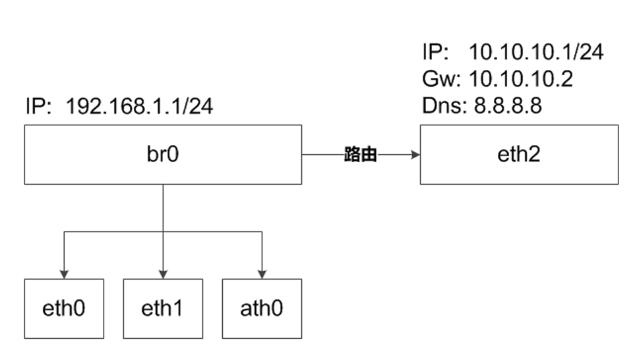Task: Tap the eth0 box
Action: point(64,309)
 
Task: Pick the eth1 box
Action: point(163,309)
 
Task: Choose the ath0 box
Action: point(262,309)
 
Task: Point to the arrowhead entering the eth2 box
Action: point(415,155)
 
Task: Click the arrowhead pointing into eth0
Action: point(64,274)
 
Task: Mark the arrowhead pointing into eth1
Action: point(163,274)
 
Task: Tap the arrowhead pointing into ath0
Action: point(262,274)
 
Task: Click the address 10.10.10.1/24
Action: point(535,52)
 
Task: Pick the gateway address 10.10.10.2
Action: point(521,79)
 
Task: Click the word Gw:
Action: point(440,79)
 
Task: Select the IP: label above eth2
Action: point(436,52)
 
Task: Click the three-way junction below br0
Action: point(163,232)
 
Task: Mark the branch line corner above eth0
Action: point(64,232)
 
